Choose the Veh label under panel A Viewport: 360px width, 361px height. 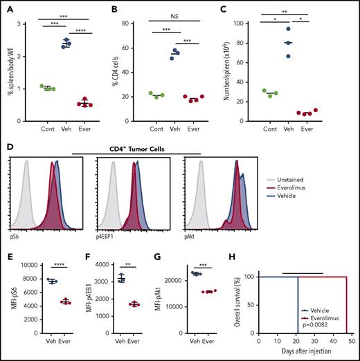point(66,128)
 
